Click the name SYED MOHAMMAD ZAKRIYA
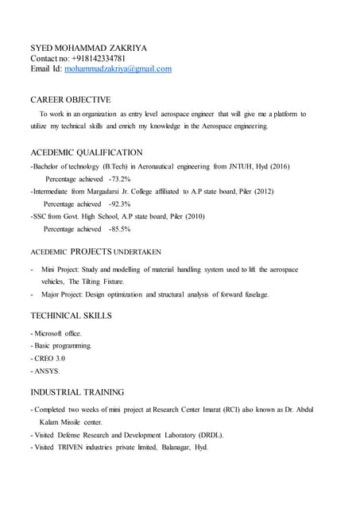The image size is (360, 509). pyautogui.click(x=88, y=48)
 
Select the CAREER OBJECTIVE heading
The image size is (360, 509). pyautogui.click(x=70, y=99)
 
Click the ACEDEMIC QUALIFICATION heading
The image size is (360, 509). pyautogui.click(x=86, y=152)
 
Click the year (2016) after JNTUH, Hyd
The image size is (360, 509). pyautogui.click(x=277, y=167)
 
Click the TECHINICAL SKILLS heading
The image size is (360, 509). pyautogui.click(x=71, y=316)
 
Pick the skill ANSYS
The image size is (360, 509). pyautogui.click(x=47, y=371)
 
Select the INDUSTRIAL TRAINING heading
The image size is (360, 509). pyautogui.click(x=76, y=392)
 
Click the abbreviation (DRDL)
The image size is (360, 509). pyautogui.click(x=209, y=435)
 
